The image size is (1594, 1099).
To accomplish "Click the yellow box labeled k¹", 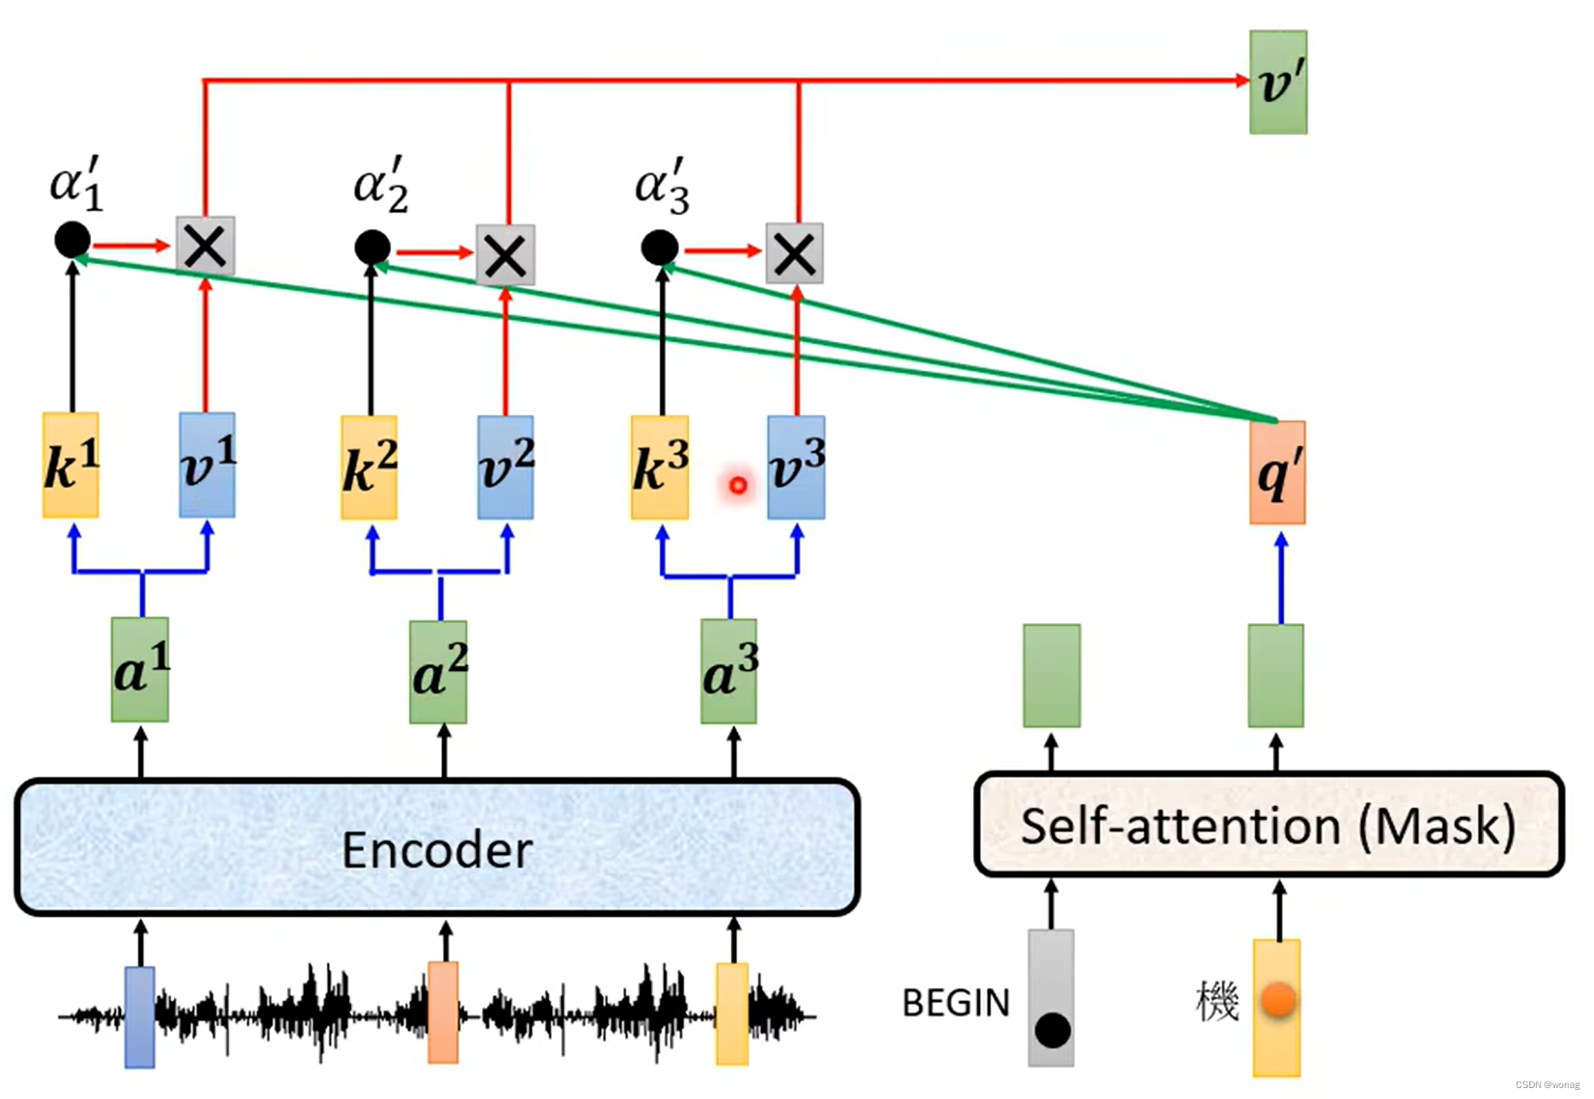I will (x=71, y=465).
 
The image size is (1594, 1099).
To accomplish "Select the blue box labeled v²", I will (x=506, y=467).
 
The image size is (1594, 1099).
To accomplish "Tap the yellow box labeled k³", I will (x=659, y=468).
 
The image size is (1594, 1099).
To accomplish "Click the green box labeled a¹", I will (x=140, y=670).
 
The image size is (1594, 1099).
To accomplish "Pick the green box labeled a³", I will (x=728, y=671).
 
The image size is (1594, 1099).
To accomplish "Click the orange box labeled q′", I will (x=1277, y=472).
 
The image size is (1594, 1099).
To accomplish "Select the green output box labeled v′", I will (x=1278, y=83).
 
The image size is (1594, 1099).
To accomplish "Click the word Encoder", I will (x=436, y=850).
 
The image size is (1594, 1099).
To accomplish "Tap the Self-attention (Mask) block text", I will (x=1268, y=826).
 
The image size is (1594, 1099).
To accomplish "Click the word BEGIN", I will (x=955, y=1003).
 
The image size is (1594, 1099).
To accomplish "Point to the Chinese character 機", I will (x=1217, y=1001).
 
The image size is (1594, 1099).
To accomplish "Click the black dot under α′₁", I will (x=73, y=240).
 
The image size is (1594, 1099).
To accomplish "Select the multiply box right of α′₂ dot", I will (x=506, y=255).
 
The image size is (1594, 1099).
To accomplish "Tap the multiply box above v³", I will (x=795, y=254).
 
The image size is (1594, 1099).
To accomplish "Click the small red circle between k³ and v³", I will (x=738, y=485).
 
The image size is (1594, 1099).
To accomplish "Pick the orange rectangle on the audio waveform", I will (x=443, y=1012).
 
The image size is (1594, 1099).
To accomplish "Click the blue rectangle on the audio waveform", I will (x=139, y=1016).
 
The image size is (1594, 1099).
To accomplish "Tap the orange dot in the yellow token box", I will (x=1278, y=999).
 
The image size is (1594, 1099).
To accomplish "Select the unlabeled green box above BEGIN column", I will (x=1051, y=675).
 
